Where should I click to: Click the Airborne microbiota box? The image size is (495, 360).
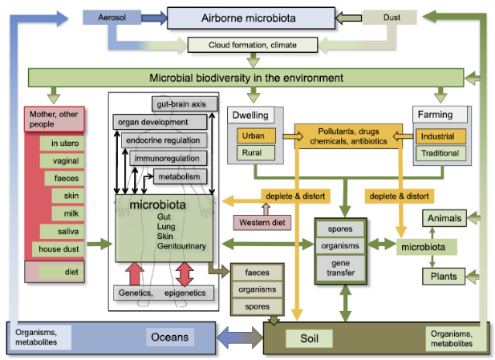(x=250, y=17)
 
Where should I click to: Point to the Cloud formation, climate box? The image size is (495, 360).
(x=253, y=45)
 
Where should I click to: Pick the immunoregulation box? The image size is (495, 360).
(x=168, y=159)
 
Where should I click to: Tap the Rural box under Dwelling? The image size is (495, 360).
(x=254, y=152)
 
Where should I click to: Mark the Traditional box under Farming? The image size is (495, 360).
(x=439, y=152)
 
